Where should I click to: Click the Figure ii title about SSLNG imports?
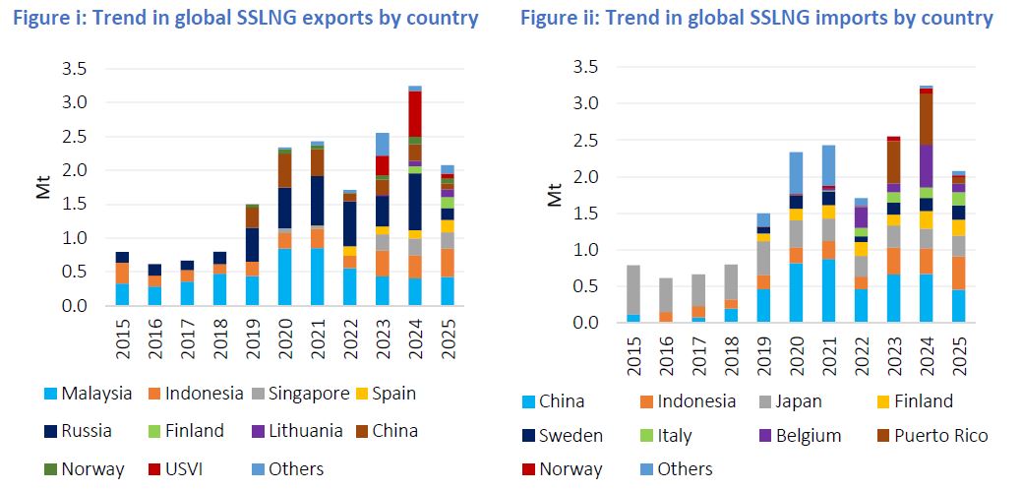pos(756,18)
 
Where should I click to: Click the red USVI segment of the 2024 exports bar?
pos(414,113)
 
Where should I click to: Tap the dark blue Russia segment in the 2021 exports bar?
pos(318,201)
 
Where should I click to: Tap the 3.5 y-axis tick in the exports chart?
pos(74,69)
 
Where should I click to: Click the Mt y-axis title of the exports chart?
pos(43,187)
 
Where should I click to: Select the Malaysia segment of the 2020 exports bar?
pos(285,277)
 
